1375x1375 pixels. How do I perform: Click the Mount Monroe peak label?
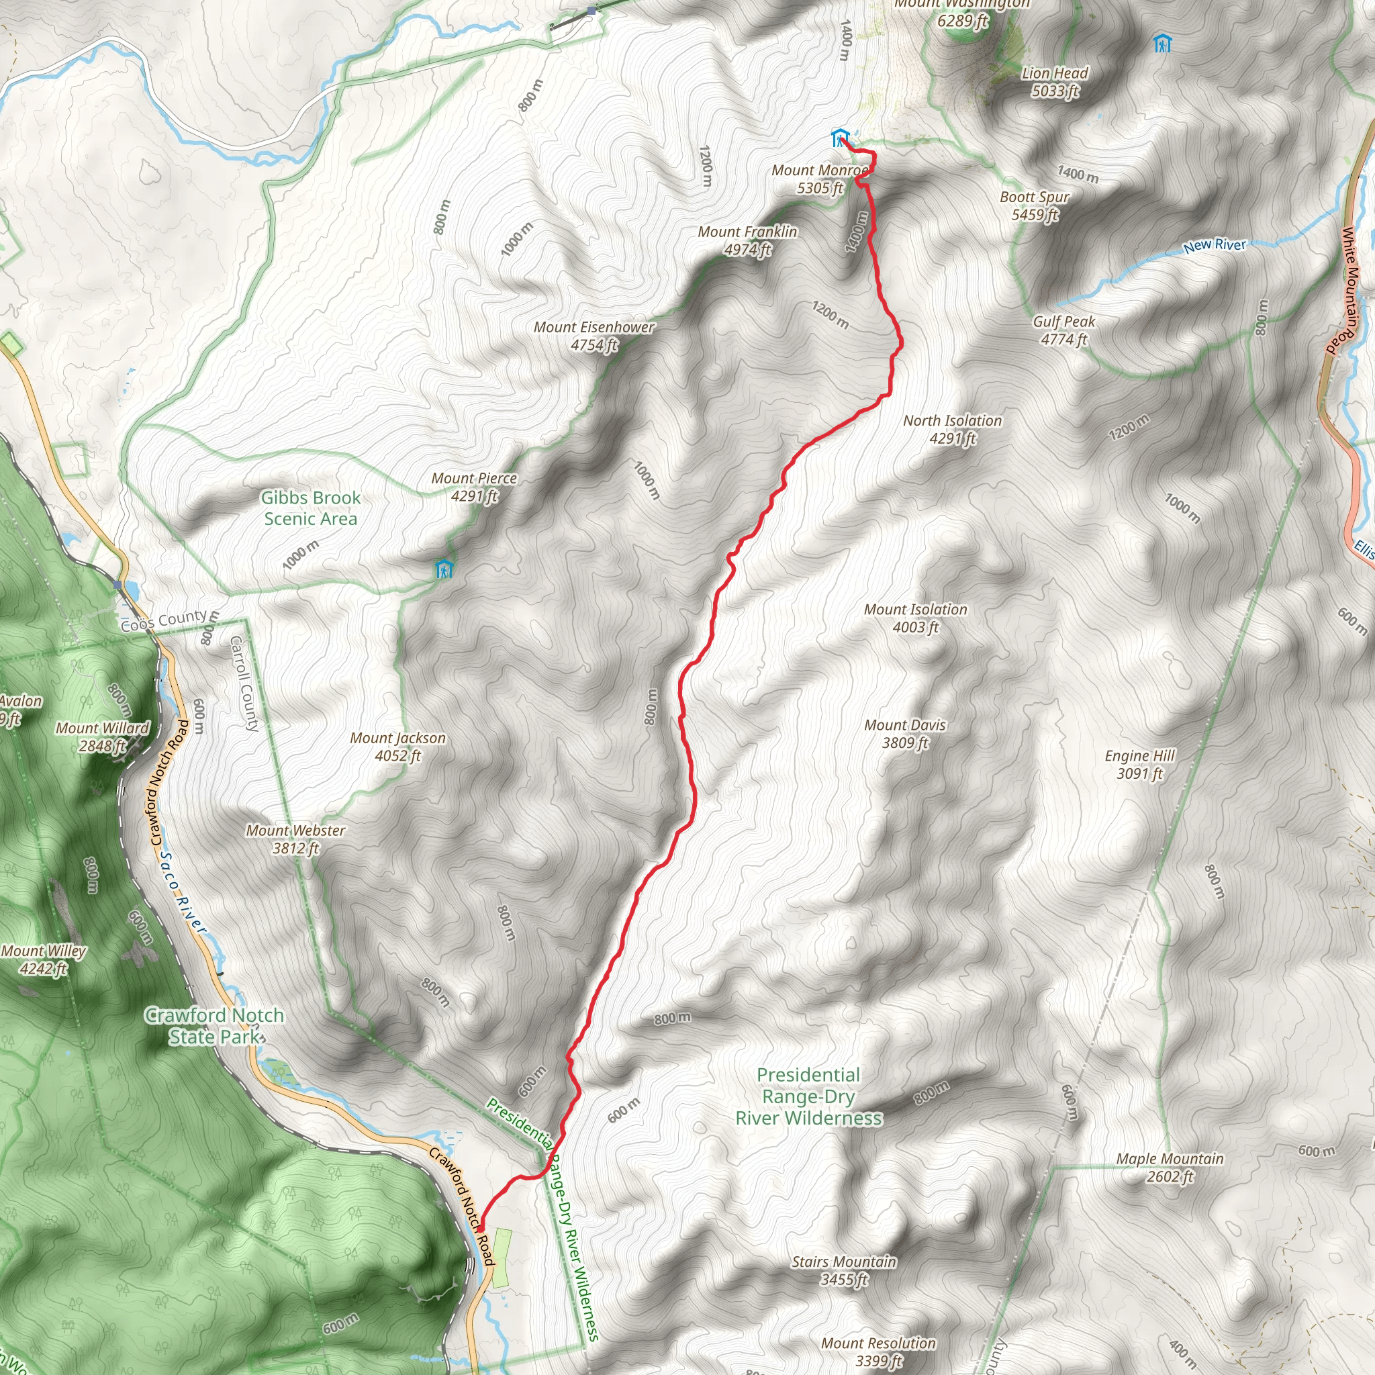pos(820,179)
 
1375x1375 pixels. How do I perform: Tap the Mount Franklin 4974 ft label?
pos(747,240)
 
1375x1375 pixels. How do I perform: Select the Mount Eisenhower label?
pos(594,336)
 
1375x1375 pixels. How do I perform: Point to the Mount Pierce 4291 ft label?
pos(474,487)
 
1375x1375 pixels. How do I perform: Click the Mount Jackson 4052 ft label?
pos(398,747)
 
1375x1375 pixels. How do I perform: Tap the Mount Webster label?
pos(295,839)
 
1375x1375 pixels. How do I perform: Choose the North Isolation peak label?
pos(952,429)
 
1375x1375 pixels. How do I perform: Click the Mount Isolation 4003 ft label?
pos(915,618)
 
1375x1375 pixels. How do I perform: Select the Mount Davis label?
pos(905,734)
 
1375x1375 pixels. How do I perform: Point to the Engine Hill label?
pos(1139,764)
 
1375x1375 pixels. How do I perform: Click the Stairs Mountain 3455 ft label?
pos(844,1270)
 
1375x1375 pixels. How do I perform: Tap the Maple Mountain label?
pos(1170,1167)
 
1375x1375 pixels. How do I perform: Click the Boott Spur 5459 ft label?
pos(1035,205)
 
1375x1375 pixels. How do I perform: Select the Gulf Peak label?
pos(1064,330)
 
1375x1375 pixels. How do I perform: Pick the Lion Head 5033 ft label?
pos(1055,82)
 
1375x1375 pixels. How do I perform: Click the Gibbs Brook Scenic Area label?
pos(310,508)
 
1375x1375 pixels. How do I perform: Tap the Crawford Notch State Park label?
pos(215,1026)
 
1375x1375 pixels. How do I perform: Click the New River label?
pos(1214,246)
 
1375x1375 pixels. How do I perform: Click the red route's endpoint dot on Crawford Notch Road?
pos(481,1229)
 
